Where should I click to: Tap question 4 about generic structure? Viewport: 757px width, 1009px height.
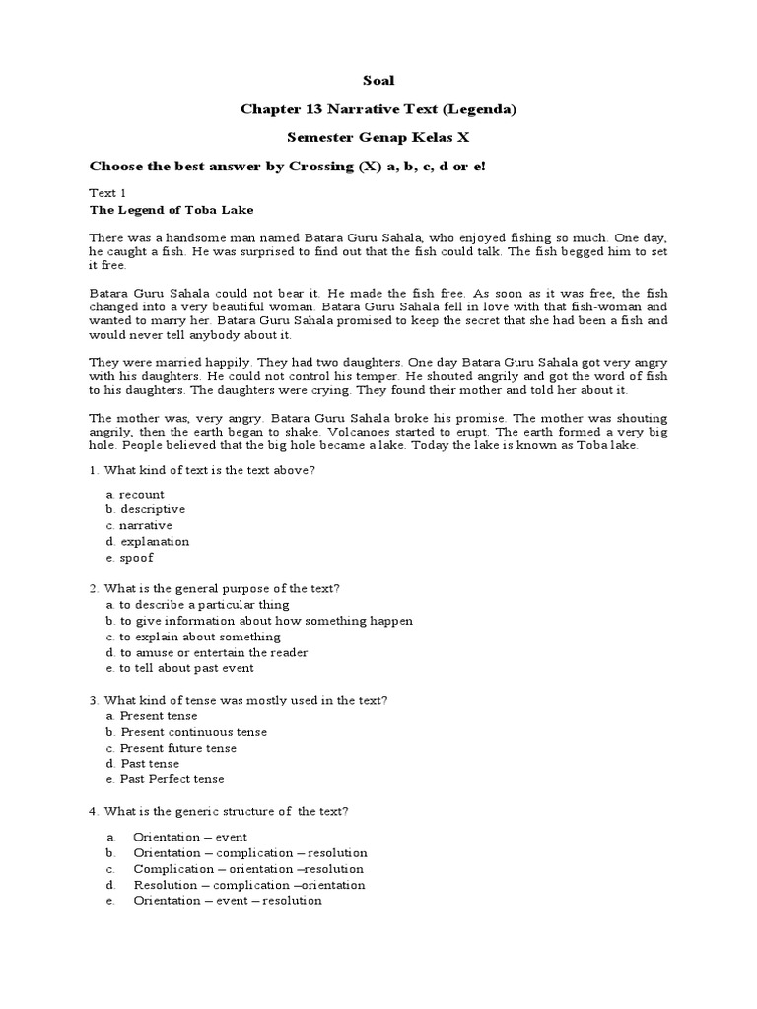pyautogui.click(x=220, y=811)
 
